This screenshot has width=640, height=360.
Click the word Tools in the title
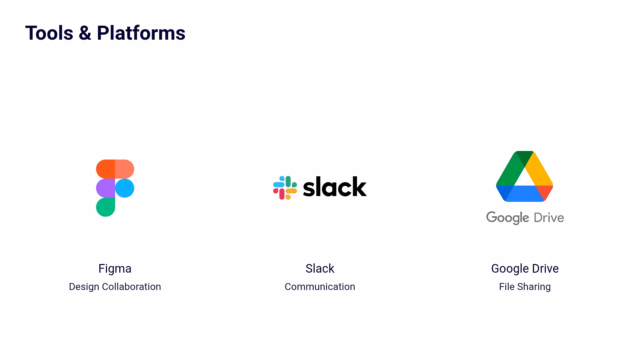[x=49, y=33]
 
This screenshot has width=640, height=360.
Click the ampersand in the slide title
[x=85, y=33]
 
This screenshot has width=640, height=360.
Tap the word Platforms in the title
[x=141, y=33]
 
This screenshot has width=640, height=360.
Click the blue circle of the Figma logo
[x=125, y=188]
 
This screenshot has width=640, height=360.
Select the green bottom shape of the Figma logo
[x=105, y=207]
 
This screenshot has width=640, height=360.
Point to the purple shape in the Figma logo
[x=105, y=188]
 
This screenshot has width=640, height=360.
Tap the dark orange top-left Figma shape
[x=105, y=169]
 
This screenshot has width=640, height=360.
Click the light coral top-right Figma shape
[x=125, y=169]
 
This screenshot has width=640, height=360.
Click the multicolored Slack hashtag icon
[x=285, y=188]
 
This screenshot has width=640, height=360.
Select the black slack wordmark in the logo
[x=335, y=187]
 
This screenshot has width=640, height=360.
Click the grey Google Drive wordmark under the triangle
[x=525, y=218]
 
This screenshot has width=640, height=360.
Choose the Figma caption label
[x=115, y=269]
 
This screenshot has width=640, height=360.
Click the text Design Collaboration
[x=115, y=287]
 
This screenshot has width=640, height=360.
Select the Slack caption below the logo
[x=320, y=269]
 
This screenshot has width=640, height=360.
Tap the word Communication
[x=320, y=287]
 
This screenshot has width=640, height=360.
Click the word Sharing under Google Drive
[x=534, y=287]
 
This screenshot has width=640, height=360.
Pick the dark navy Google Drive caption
[x=525, y=269]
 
